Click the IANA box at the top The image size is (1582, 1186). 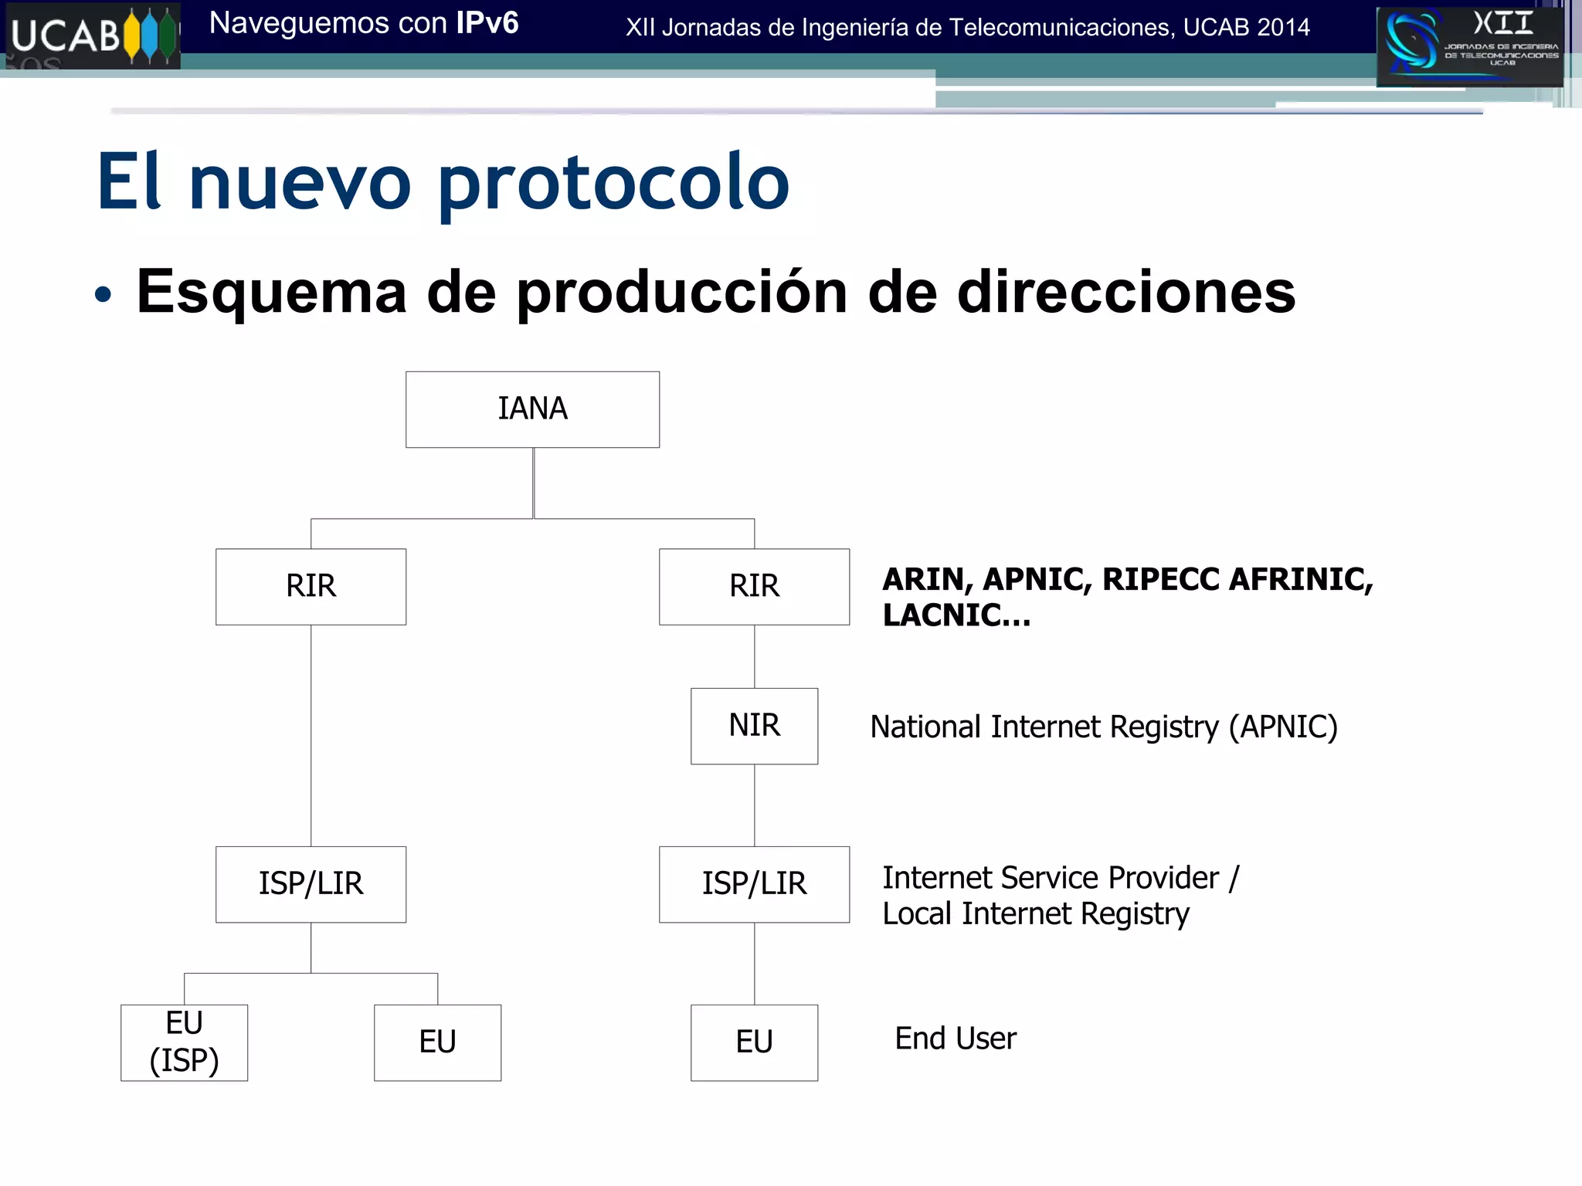coord(532,409)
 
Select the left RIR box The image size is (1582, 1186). coord(311,586)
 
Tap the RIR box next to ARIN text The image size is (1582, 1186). coord(754,586)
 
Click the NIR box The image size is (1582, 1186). coord(754,726)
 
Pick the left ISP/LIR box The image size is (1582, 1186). coord(311,884)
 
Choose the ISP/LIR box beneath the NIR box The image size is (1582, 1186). coord(754,884)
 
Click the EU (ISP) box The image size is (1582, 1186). coord(184,1042)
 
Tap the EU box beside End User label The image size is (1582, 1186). coord(754,1042)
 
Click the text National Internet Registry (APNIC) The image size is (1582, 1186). coord(1103,727)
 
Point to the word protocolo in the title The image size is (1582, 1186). coord(613,184)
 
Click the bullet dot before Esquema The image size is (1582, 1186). coord(103,294)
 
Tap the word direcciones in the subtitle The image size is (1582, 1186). coord(1126,293)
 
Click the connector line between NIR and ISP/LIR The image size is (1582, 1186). coord(755,805)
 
